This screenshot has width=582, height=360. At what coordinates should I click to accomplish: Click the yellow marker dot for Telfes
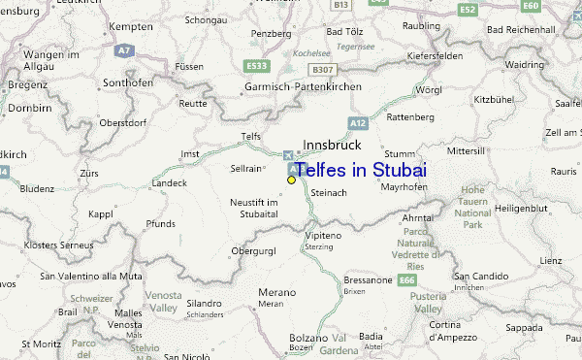(x=291, y=180)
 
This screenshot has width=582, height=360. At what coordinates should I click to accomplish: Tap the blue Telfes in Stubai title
(x=360, y=170)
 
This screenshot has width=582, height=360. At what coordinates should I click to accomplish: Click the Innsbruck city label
(x=332, y=145)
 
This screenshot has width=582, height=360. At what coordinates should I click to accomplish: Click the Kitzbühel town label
(x=494, y=99)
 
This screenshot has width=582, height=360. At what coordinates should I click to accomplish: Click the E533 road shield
(x=257, y=66)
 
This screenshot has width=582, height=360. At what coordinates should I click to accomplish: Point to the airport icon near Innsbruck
(x=286, y=155)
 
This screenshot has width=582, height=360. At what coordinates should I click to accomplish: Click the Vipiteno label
(x=324, y=236)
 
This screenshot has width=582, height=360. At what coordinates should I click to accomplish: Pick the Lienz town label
(x=551, y=260)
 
